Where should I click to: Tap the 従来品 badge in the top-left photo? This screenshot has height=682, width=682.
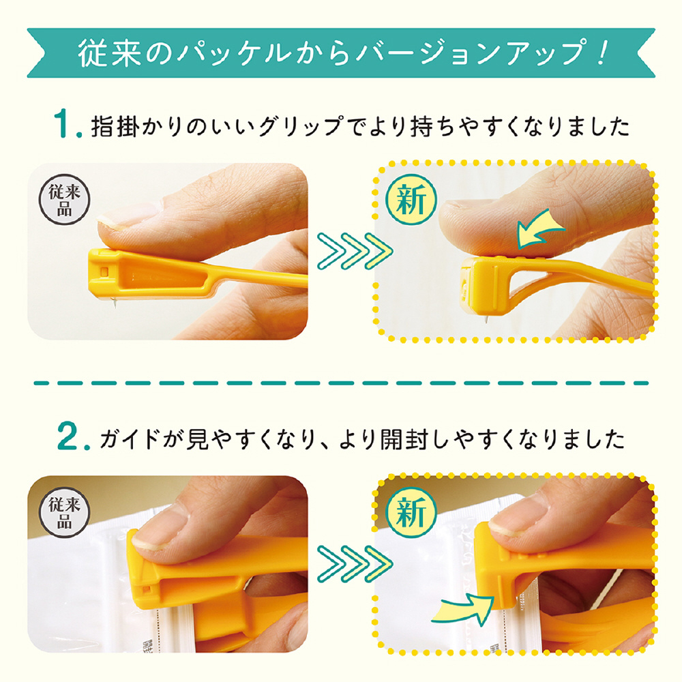coord(64,200)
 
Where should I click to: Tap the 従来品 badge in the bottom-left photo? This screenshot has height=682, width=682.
coord(64,512)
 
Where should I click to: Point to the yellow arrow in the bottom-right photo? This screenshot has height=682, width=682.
coord(463,608)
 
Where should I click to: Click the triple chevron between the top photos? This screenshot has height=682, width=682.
coord(355,251)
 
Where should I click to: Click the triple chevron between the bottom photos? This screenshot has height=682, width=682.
coord(355,564)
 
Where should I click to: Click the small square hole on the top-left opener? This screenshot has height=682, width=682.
coord(104,272)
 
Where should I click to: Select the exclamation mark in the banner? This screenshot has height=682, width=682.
coord(601,53)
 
